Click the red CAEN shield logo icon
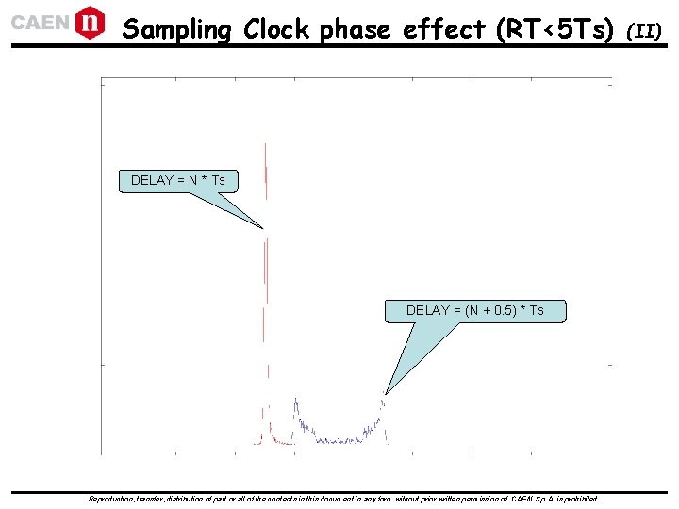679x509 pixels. click(x=90, y=22)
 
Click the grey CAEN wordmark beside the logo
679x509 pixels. click(x=39, y=23)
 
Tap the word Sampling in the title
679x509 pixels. click(x=177, y=30)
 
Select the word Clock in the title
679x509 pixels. click(x=278, y=30)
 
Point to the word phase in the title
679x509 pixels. click(x=356, y=31)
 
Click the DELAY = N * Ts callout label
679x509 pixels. click(x=178, y=180)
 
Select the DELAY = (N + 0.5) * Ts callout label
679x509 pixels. click(x=475, y=310)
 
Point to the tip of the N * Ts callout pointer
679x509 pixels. click(x=263, y=228)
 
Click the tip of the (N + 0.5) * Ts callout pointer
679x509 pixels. click(x=386, y=393)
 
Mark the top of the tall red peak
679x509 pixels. click(x=267, y=145)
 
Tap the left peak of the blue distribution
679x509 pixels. click(x=295, y=400)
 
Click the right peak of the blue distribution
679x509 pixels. click(x=383, y=402)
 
